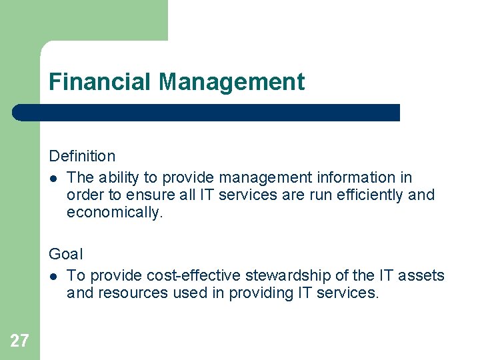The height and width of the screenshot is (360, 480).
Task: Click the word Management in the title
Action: click(232, 82)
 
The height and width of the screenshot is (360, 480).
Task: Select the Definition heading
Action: click(82, 156)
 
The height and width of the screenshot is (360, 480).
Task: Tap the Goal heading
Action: click(66, 254)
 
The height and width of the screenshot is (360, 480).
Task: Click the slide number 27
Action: click(19, 341)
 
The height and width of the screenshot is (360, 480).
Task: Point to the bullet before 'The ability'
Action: click(53, 178)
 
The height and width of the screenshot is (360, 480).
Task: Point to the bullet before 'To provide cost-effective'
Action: click(53, 276)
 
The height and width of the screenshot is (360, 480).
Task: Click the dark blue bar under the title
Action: click(207, 113)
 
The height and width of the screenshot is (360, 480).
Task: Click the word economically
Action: click(114, 212)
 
